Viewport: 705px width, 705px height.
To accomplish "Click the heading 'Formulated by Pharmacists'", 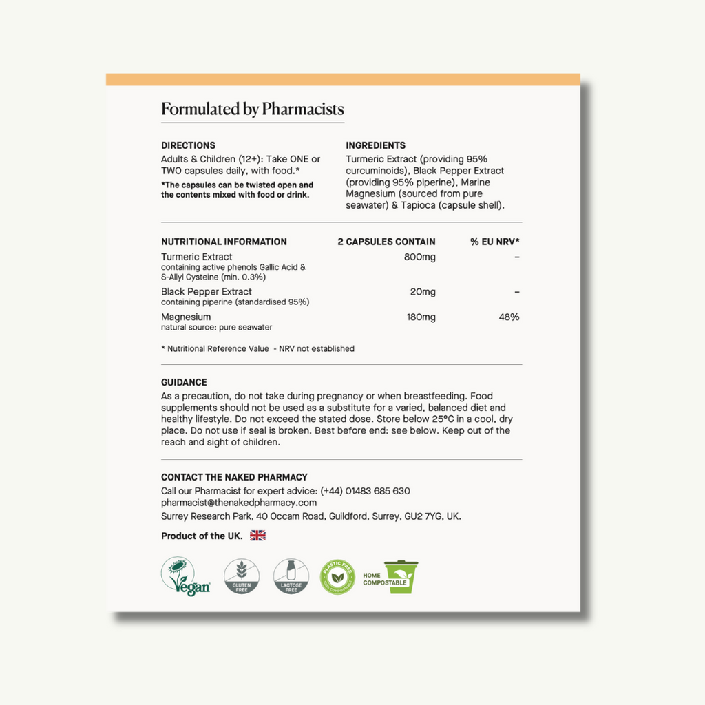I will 252,109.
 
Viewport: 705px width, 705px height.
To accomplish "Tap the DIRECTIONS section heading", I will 188,145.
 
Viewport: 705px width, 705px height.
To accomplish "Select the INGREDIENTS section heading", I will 375,145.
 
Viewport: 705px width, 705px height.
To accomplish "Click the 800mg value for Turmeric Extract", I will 419,257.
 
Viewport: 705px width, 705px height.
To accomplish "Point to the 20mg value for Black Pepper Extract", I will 423,292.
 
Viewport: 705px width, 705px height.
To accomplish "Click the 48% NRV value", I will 509,317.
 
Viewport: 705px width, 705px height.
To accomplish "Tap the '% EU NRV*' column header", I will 495,242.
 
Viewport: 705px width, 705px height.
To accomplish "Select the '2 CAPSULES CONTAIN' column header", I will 386,242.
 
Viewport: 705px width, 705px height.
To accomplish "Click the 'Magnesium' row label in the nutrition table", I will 186,317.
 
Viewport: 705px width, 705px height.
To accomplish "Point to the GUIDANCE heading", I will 184,382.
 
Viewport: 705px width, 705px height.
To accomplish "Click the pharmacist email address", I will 239,503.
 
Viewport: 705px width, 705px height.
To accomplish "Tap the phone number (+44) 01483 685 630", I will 365,491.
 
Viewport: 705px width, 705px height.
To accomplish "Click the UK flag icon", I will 257,536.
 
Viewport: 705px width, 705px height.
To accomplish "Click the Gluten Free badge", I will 241,577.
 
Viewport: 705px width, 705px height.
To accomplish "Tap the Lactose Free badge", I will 291,577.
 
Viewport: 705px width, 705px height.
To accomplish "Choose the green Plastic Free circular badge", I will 338,577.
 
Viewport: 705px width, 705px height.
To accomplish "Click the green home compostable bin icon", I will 401,577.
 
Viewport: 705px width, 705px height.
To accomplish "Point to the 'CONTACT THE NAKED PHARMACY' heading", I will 234,477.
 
